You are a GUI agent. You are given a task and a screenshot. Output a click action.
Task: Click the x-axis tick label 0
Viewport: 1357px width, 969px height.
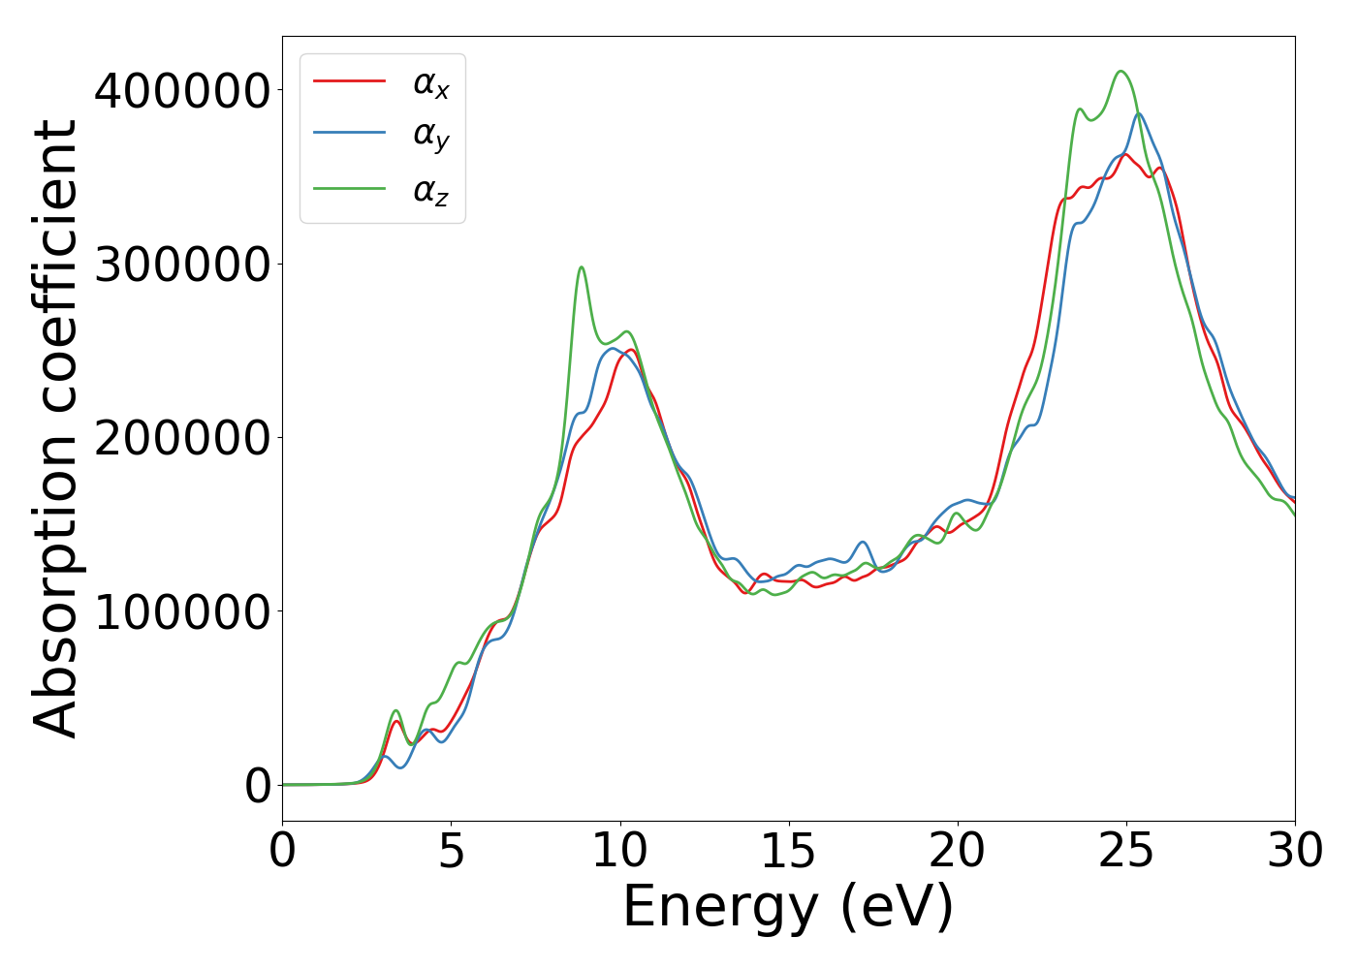click(x=282, y=852)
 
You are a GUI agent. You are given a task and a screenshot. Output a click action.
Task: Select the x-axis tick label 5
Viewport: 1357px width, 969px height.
click(x=451, y=852)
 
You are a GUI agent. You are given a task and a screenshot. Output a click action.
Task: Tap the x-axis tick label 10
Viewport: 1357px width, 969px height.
click(x=619, y=852)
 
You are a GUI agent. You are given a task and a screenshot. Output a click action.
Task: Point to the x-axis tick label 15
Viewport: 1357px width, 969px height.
click(x=788, y=852)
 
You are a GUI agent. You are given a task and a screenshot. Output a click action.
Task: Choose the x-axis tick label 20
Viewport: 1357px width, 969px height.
click(x=957, y=852)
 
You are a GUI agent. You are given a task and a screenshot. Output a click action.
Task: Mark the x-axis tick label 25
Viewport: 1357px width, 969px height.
click(x=1126, y=852)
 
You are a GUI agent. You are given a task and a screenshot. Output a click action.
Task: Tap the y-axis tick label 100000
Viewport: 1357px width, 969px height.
click(x=182, y=612)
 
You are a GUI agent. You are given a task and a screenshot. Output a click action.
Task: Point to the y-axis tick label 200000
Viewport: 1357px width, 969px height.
click(x=182, y=439)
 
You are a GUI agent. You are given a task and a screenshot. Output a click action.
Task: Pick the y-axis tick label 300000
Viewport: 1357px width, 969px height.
click(x=182, y=265)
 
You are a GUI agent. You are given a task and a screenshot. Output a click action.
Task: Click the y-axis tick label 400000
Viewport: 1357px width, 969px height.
click(x=182, y=91)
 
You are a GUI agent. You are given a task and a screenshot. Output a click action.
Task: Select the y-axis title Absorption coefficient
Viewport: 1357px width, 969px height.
click(x=55, y=428)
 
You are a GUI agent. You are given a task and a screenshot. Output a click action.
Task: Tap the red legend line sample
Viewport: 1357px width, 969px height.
click(x=350, y=81)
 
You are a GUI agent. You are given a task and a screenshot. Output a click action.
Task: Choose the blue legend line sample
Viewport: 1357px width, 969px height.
click(x=350, y=135)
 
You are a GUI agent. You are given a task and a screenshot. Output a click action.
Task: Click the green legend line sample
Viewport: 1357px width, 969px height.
click(x=350, y=189)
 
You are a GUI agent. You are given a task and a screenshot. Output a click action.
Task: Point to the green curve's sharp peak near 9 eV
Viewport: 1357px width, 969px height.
click(x=581, y=267)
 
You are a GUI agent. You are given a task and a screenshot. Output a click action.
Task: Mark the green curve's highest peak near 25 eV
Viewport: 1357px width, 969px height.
click(x=1121, y=71)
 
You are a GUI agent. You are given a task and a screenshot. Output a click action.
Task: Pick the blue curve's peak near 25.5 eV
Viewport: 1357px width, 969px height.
click(x=1140, y=113)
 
